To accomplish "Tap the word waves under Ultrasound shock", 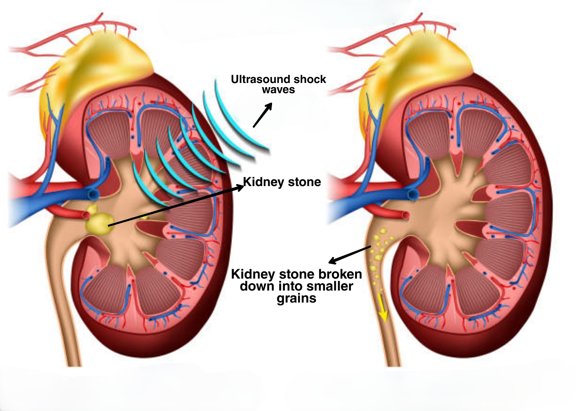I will tap(278, 90).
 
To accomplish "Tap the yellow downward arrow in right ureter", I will tap(383, 306).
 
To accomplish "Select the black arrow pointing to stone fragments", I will tap(349, 255).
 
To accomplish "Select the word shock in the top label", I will tap(310, 79).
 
